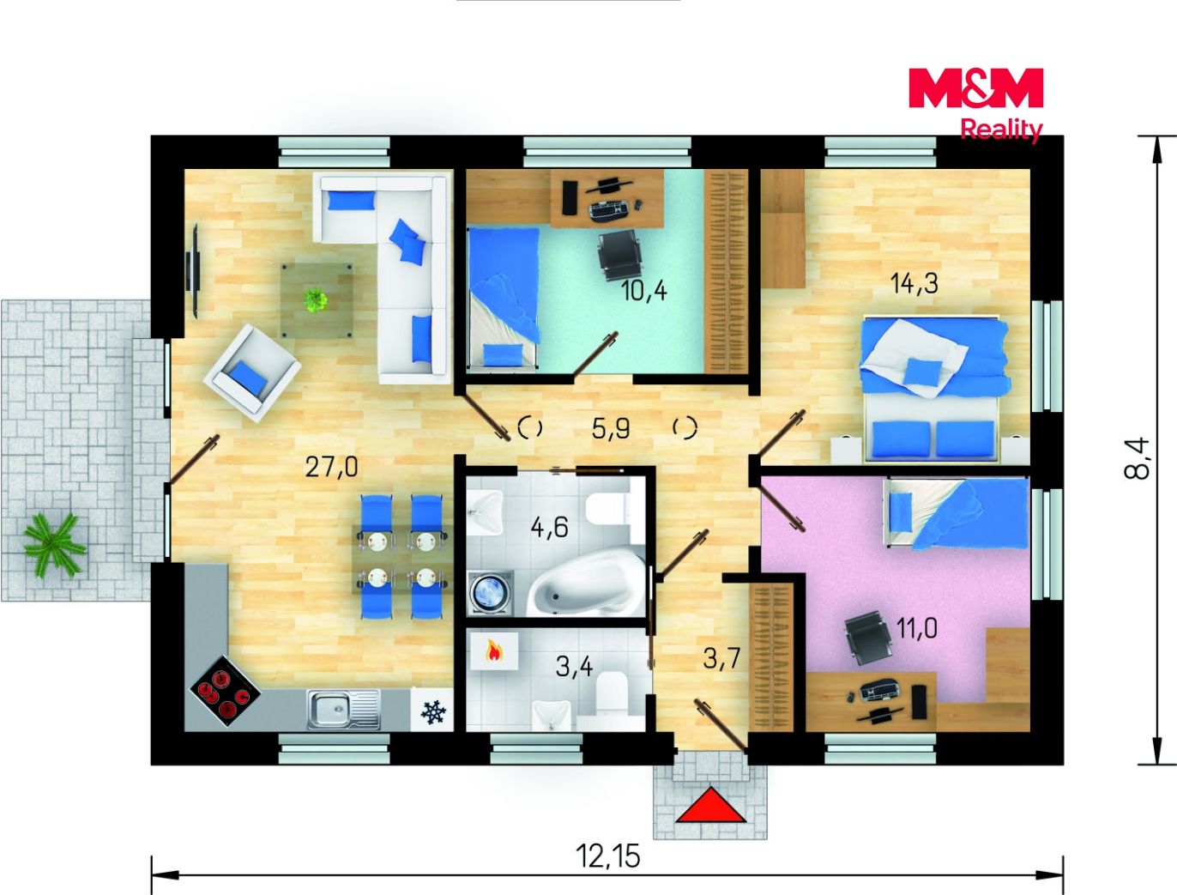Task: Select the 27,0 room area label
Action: tap(331, 468)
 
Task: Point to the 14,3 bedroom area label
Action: tap(914, 283)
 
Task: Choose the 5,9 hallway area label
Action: tap(611, 428)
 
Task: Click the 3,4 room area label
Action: tap(574, 667)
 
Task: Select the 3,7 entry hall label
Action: tap(721, 658)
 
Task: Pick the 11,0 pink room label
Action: tap(917, 628)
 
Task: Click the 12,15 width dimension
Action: tap(607, 856)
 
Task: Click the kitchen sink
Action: tap(344, 710)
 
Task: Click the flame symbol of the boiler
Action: tap(493, 652)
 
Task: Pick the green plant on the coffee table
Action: tap(316, 299)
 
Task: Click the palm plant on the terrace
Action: tap(54, 544)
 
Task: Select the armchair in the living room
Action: tap(252, 372)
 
